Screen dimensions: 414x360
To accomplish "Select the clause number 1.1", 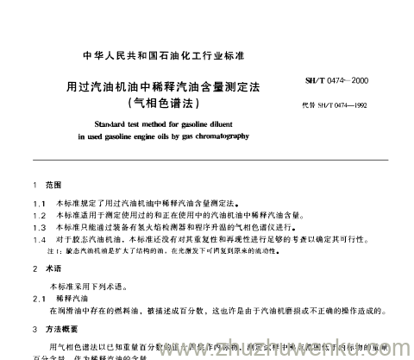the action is click(x=36, y=200).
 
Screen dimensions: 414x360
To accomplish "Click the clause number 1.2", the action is click(x=36, y=212).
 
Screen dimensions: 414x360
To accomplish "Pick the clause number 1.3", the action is click(x=36, y=224).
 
